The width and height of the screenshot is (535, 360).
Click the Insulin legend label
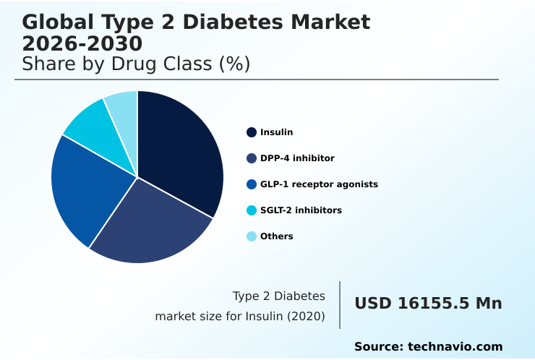pyautogui.click(x=277, y=132)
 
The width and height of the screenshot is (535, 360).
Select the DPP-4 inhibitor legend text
pyautogui.click(x=297, y=158)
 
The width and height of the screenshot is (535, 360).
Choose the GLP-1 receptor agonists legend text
pyautogui.click(x=319, y=184)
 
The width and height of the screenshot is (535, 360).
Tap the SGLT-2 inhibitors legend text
pyautogui.click(x=301, y=210)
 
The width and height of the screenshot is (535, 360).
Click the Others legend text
pyautogui.click(x=277, y=236)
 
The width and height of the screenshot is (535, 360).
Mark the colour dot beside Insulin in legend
pyautogui.click(x=252, y=132)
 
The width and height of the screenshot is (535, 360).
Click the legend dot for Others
pyautogui.click(x=252, y=236)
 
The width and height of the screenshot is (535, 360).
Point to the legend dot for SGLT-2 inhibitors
pyautogui.click(x=252, y=210)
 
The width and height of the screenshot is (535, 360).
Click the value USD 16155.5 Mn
pyautogui.click(x=428, y=304)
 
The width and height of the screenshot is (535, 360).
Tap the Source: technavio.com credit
pyautogui.click(x=428, y=347)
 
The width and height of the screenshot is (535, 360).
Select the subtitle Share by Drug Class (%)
pyautogui.click(x=136, y=64)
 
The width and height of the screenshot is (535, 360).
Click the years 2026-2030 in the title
pyautogui.click(x=82, y=44)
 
